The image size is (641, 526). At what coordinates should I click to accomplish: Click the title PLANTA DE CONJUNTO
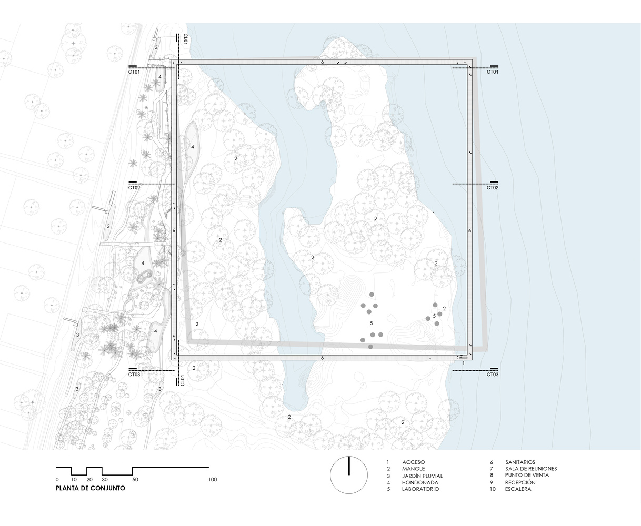[x=90, y=488]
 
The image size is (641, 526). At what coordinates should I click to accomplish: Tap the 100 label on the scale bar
[x=213, y=480]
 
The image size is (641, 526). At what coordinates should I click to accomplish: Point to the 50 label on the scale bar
[x=135, y=480]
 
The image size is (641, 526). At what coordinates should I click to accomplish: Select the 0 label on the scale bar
[x=57, y=480]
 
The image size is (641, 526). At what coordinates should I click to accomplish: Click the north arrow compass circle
[x=348, y=475]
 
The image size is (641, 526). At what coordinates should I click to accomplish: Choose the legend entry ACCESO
[x=413, y=462]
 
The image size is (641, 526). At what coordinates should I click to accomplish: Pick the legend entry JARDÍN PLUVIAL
[x=422, y=476]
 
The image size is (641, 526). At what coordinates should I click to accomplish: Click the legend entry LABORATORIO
[x=420, y=489]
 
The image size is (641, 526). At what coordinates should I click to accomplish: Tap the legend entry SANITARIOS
[x=520, y=462]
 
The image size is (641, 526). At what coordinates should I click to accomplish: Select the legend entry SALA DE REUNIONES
[x=530, y=469]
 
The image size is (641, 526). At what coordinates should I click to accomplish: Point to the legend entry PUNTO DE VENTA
[x=527, y=475]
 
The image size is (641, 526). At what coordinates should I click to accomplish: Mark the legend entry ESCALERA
[x=518, y=489]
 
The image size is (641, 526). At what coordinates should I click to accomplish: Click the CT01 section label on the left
[x=134, y=72]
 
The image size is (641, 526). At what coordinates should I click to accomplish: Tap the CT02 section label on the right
[x=492, y=188]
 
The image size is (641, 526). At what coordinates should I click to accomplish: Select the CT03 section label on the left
[x=134, y=375]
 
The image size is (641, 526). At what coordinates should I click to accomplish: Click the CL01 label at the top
[x=185, y=39]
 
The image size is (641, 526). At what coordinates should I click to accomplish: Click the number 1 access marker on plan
[x=463, y=363]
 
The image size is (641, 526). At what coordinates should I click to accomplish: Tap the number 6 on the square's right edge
[x=469, y=231]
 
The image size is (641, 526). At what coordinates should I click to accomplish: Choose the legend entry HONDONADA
[x=419, y=482]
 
